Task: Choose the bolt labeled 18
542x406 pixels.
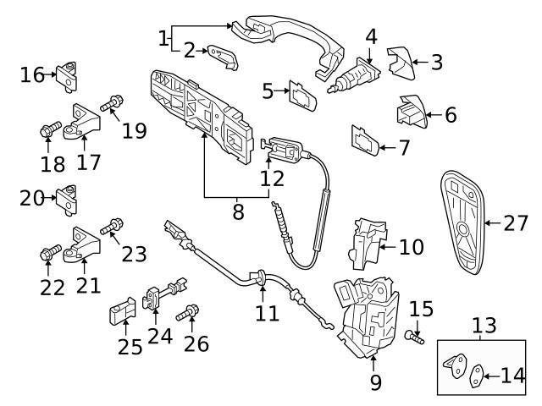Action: [x=48, y=131]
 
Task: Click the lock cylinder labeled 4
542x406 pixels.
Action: [x=356, y=75]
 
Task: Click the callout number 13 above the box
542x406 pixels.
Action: [x=483, y=326]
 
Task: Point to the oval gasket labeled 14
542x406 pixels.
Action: [x=478, y=373]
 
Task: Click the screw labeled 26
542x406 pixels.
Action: [x=187, y=315]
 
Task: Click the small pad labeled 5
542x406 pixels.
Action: [x=302, y=96]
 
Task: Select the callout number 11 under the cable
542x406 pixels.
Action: [x=267, y=314]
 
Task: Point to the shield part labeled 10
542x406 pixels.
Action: [x=365, y=239]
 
